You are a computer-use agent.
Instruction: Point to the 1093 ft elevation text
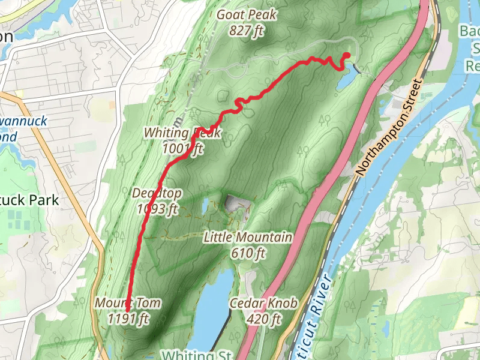[157, 209]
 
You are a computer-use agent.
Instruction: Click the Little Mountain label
[248, 238]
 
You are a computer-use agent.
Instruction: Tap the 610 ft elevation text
[248, 253]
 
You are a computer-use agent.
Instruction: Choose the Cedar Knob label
[263, 304]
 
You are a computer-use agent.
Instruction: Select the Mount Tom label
[127, 303]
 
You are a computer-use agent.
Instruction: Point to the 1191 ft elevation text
[128, 319]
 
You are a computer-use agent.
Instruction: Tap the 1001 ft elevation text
[182, 148]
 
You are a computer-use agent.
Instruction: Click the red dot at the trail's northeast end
[347, 56]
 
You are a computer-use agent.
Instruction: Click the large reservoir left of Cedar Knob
[211, 312]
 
